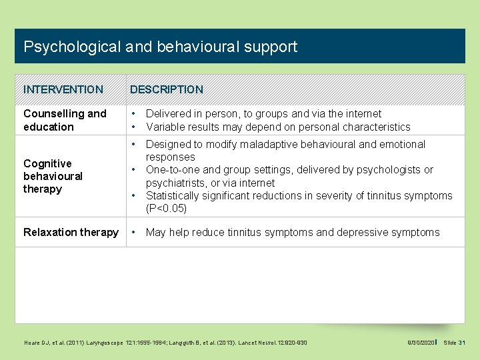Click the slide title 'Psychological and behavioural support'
(160, 47)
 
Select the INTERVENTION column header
(63, 89)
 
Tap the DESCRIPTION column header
(167, 89)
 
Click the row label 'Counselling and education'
(65, 120)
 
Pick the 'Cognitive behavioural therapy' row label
(53, 176)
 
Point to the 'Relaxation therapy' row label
(71, 232)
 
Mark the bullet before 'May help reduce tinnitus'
(134, 232)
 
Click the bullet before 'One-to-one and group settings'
(134, 170)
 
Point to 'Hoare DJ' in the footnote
(34, 342)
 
